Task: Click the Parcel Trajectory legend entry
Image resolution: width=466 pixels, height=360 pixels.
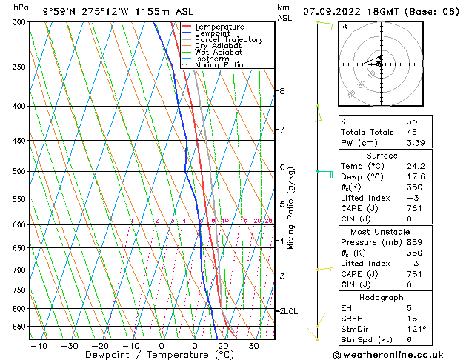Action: coord(228,39)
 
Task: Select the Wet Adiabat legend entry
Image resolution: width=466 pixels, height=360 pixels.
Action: coord(218,52)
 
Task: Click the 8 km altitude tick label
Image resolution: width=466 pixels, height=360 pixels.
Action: coord(282,91)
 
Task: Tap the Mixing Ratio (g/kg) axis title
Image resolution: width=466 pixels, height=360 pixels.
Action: coord(291,208)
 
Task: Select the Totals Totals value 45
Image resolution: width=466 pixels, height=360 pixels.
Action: coord(412,133)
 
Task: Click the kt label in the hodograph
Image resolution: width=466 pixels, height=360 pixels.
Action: coord(344,27)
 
